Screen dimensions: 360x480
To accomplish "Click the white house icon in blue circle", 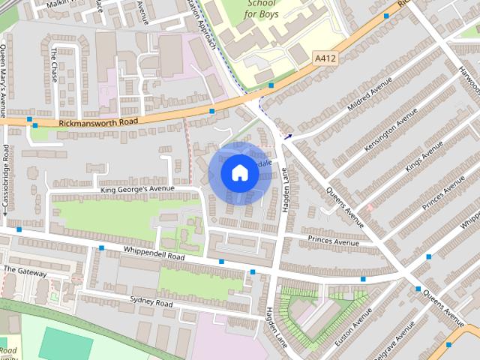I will [x=239, y=173].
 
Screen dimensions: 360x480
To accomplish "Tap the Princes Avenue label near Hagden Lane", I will [x=332, y=241].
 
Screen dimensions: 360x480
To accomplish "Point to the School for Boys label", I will [x=262, y=9].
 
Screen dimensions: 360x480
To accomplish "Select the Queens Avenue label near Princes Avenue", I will [x=344, y=207].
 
